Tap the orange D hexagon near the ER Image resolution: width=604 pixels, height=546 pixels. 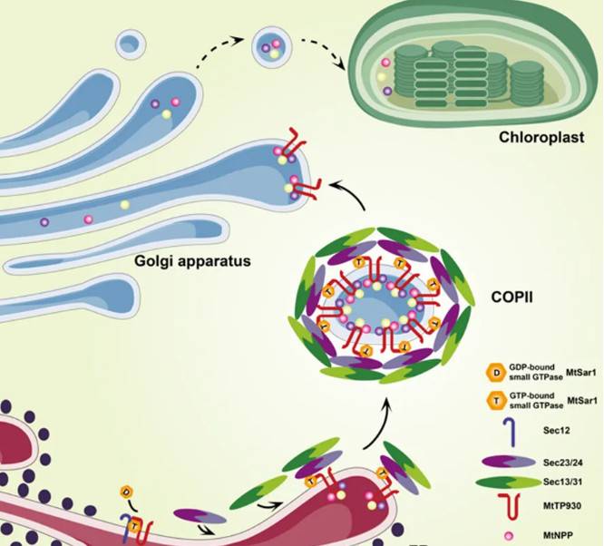pyautogui.click(x=125, y=492)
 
